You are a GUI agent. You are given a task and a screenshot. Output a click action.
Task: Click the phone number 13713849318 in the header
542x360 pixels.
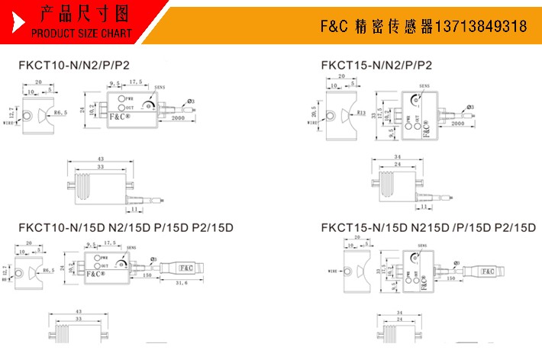pos(480,27)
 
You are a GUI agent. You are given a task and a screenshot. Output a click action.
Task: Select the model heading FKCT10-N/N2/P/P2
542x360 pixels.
pos(72,66)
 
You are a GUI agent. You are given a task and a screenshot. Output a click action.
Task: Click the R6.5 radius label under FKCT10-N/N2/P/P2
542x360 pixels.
pos(58,112)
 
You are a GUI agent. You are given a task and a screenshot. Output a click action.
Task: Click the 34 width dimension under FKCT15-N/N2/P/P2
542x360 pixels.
pos(398,159)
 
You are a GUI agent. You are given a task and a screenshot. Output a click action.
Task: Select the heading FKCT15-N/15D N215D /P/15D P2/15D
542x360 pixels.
pos(428,227)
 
